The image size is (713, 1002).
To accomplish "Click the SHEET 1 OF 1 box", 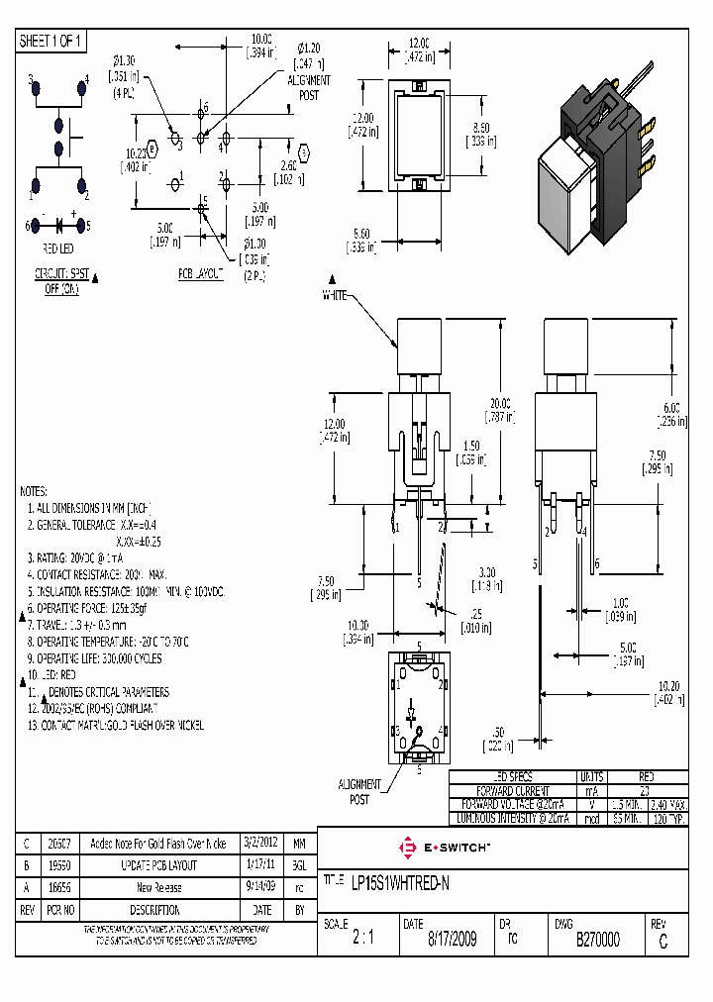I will (52, 42).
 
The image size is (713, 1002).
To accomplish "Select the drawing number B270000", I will (598, 940).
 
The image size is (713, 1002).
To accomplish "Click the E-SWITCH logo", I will (443, 849).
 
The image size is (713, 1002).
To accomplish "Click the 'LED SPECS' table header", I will (513, 777).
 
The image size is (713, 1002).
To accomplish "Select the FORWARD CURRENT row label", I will (513, 791).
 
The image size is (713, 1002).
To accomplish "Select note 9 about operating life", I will (95, 658).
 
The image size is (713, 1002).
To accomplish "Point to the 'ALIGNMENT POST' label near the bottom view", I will (359, 791).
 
